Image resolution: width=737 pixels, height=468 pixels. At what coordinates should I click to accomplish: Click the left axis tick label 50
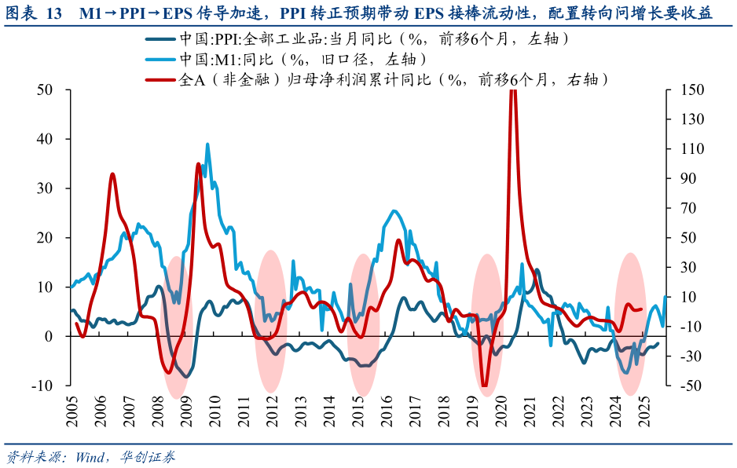45,90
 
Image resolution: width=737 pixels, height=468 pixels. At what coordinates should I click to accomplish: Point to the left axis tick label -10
41,386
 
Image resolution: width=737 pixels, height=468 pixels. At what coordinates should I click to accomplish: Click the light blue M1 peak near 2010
207,144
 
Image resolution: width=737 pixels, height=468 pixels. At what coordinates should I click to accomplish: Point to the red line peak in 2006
112,174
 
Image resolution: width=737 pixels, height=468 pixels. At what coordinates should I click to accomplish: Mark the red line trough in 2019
485,386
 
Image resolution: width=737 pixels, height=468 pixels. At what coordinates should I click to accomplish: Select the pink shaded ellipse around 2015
362,324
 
